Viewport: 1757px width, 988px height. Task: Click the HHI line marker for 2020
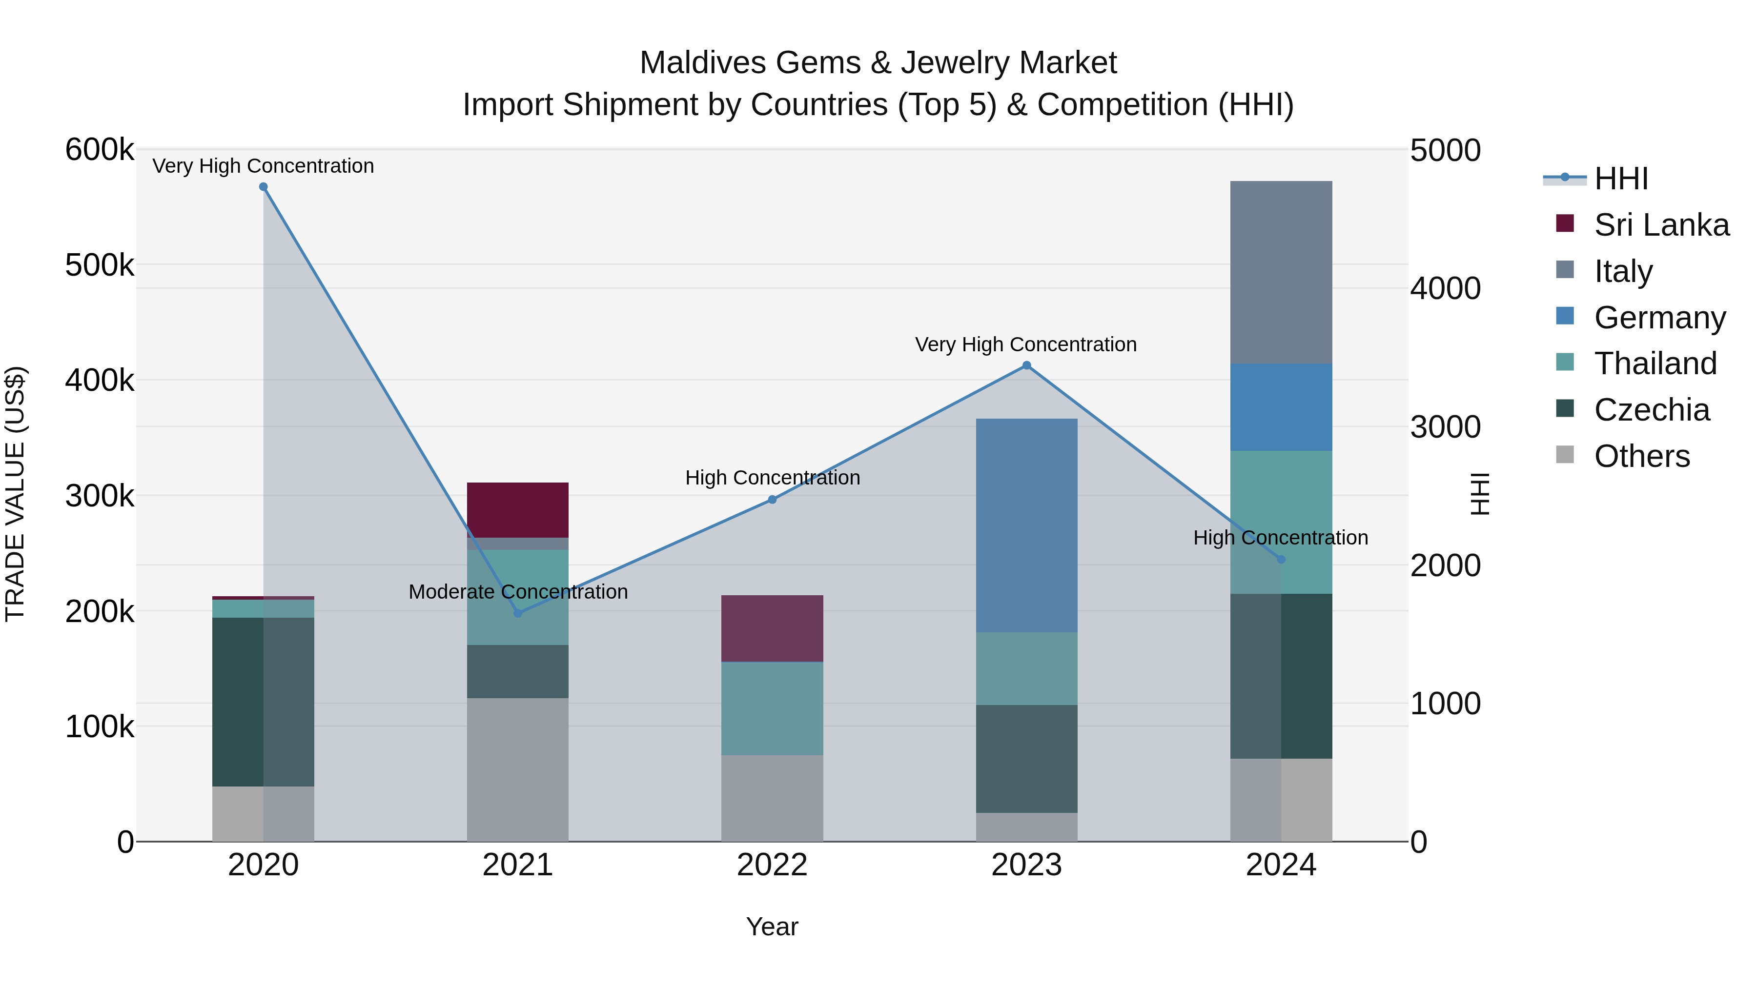point(263,187)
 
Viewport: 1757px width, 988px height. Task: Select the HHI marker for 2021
point(518,613)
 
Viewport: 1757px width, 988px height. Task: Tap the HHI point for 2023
point(1026,365)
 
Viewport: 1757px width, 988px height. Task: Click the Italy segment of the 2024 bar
point(1281,272)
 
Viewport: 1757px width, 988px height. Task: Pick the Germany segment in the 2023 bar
point(1026,525)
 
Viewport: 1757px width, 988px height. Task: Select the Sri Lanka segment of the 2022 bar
point(772,628)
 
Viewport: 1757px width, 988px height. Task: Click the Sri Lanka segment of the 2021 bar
point(518,510)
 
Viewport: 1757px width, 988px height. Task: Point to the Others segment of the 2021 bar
point(518,769)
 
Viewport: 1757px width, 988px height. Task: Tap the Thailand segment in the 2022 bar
point(772,708)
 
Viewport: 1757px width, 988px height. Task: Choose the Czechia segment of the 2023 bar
point(1026,758)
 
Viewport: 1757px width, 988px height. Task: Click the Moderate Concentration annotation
point(518,592)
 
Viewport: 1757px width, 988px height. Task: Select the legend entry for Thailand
point(1655,363)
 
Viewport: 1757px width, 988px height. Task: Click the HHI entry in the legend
point(1620,179)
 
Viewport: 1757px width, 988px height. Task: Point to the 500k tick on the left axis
point(100,265)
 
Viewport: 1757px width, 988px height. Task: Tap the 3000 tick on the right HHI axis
point(1445,427)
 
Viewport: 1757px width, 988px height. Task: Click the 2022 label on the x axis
point(772,865)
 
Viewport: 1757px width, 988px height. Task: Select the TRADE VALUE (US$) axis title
point(15,494)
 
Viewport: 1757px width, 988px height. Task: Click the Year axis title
point(772,927)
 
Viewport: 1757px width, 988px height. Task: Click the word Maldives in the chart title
point(702,63)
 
